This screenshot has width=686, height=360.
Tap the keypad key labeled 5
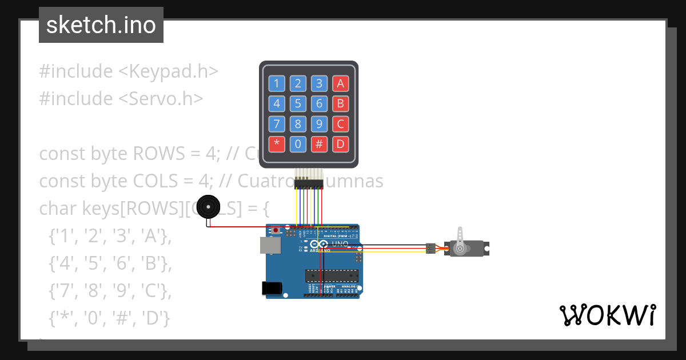[298, 103]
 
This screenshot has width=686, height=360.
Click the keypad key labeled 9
[319, 123]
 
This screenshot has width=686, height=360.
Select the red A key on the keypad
[341, 84]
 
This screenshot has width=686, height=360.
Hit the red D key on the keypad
[341, 143]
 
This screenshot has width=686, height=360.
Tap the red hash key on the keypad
[319, 143]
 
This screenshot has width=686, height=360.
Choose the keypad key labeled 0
[298, 143]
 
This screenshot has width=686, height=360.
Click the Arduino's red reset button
[277, 230]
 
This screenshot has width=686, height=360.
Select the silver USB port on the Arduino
[270, 246]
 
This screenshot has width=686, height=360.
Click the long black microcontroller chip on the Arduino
[332, 275]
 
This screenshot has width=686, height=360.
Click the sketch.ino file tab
[101, 25]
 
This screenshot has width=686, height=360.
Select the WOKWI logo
[607, 315]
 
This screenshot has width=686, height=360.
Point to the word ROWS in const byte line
[155, 154]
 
